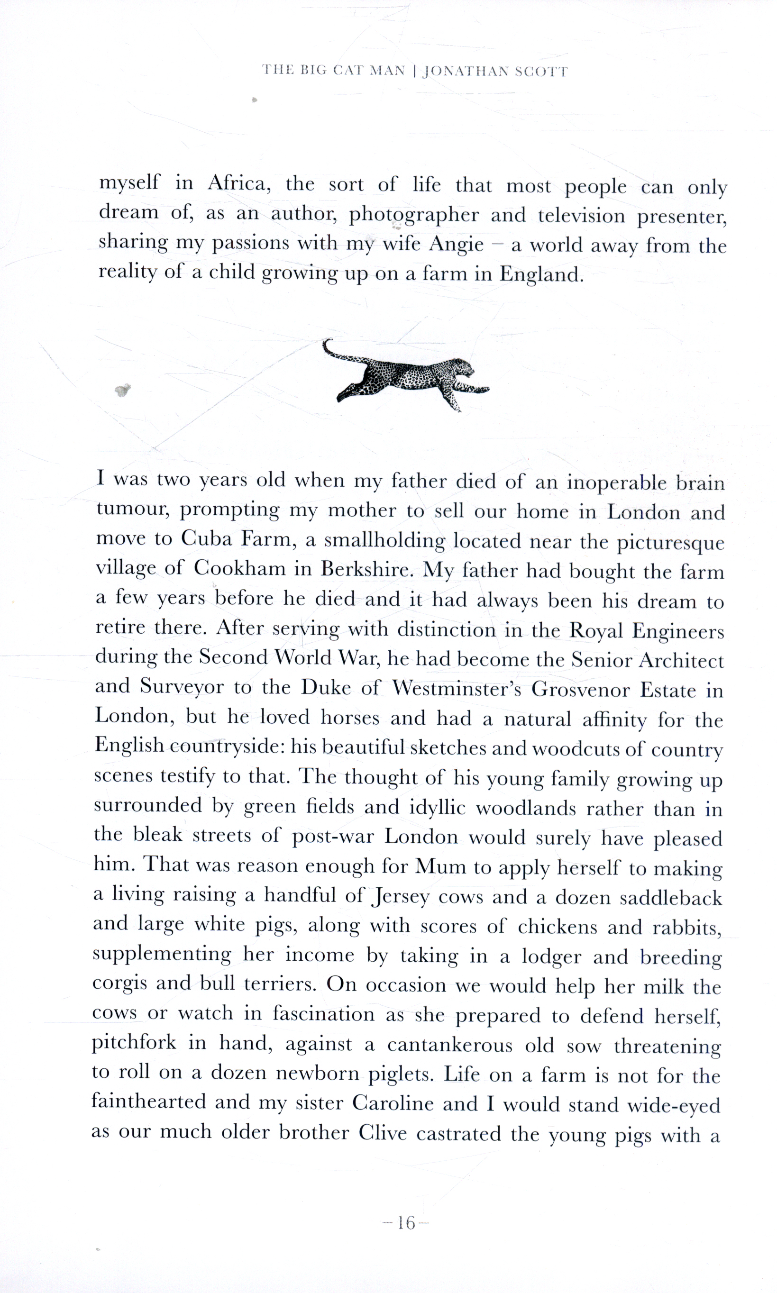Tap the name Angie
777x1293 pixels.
[x=456, y=244]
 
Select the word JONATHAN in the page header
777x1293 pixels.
[x=465, y=72]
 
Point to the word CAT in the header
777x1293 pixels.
[x=347, y=71]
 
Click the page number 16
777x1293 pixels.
[x=406, y=1223]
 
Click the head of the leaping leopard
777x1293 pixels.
[x=462, y=366]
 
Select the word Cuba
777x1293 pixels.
[x=206, y=539]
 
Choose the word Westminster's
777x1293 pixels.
[x=457, y=688]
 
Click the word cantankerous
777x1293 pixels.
[x=450, y=1045]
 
